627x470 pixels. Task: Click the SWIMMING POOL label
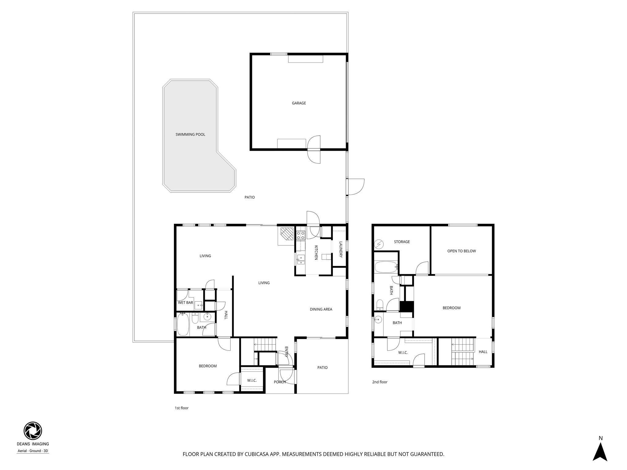[190, 134]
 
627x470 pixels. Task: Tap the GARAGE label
[298, 103]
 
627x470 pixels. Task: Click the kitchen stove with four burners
[301, 235]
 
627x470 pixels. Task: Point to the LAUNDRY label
[340, 249]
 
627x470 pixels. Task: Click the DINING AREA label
[321, 309]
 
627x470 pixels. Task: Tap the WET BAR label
[186, 303]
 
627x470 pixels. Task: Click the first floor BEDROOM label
[208, 366]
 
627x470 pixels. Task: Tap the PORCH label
[280, 382]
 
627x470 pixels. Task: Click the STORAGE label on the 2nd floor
[402, 242]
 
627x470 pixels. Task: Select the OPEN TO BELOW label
[461, 251]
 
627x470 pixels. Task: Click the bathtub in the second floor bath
[386, 267]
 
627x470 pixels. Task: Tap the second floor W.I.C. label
[403, 352]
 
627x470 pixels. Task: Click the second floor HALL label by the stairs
[483, 352]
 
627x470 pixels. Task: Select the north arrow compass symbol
[600, 453]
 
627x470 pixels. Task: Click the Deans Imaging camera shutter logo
[33, 431]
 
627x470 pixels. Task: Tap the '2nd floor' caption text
[380, 382]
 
